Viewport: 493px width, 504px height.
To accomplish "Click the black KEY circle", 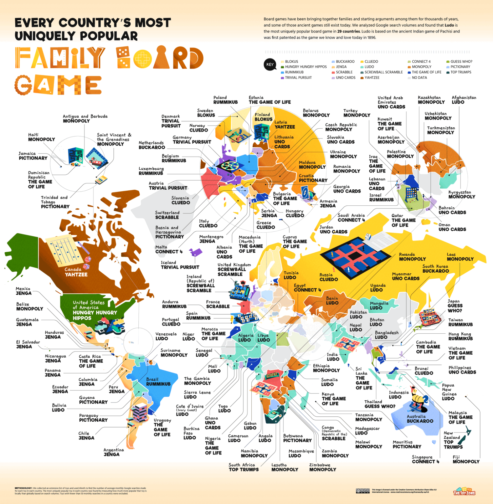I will click(x=270, y=65).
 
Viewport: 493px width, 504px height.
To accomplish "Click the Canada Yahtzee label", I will click(x=76, y=272).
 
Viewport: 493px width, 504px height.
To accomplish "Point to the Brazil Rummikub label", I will click(x=158, y=382).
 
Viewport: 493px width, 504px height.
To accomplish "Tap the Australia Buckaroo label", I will click(x=420, y=419).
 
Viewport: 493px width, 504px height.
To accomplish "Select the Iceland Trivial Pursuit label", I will click(x=180, y=265).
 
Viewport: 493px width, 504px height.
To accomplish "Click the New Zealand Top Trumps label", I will click(x=453, y=440).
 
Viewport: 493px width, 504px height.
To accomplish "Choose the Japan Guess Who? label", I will click(x=455, y=306).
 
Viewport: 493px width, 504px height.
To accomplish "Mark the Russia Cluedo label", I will click(x=328, y=277).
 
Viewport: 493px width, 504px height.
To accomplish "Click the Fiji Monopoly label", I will click(x=466, y=459).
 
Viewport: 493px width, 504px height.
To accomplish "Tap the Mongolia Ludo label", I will click(x=379, y=305).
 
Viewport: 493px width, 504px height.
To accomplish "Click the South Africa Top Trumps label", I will click(x=243, y=467).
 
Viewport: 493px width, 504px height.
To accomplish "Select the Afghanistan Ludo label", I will click(x=463, y=100).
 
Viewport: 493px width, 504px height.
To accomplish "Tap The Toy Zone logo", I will click(x=464, y=491).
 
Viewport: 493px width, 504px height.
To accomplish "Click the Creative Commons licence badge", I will click(x=363, y=491).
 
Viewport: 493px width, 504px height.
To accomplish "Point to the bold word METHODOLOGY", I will click(x=23, y=488).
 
